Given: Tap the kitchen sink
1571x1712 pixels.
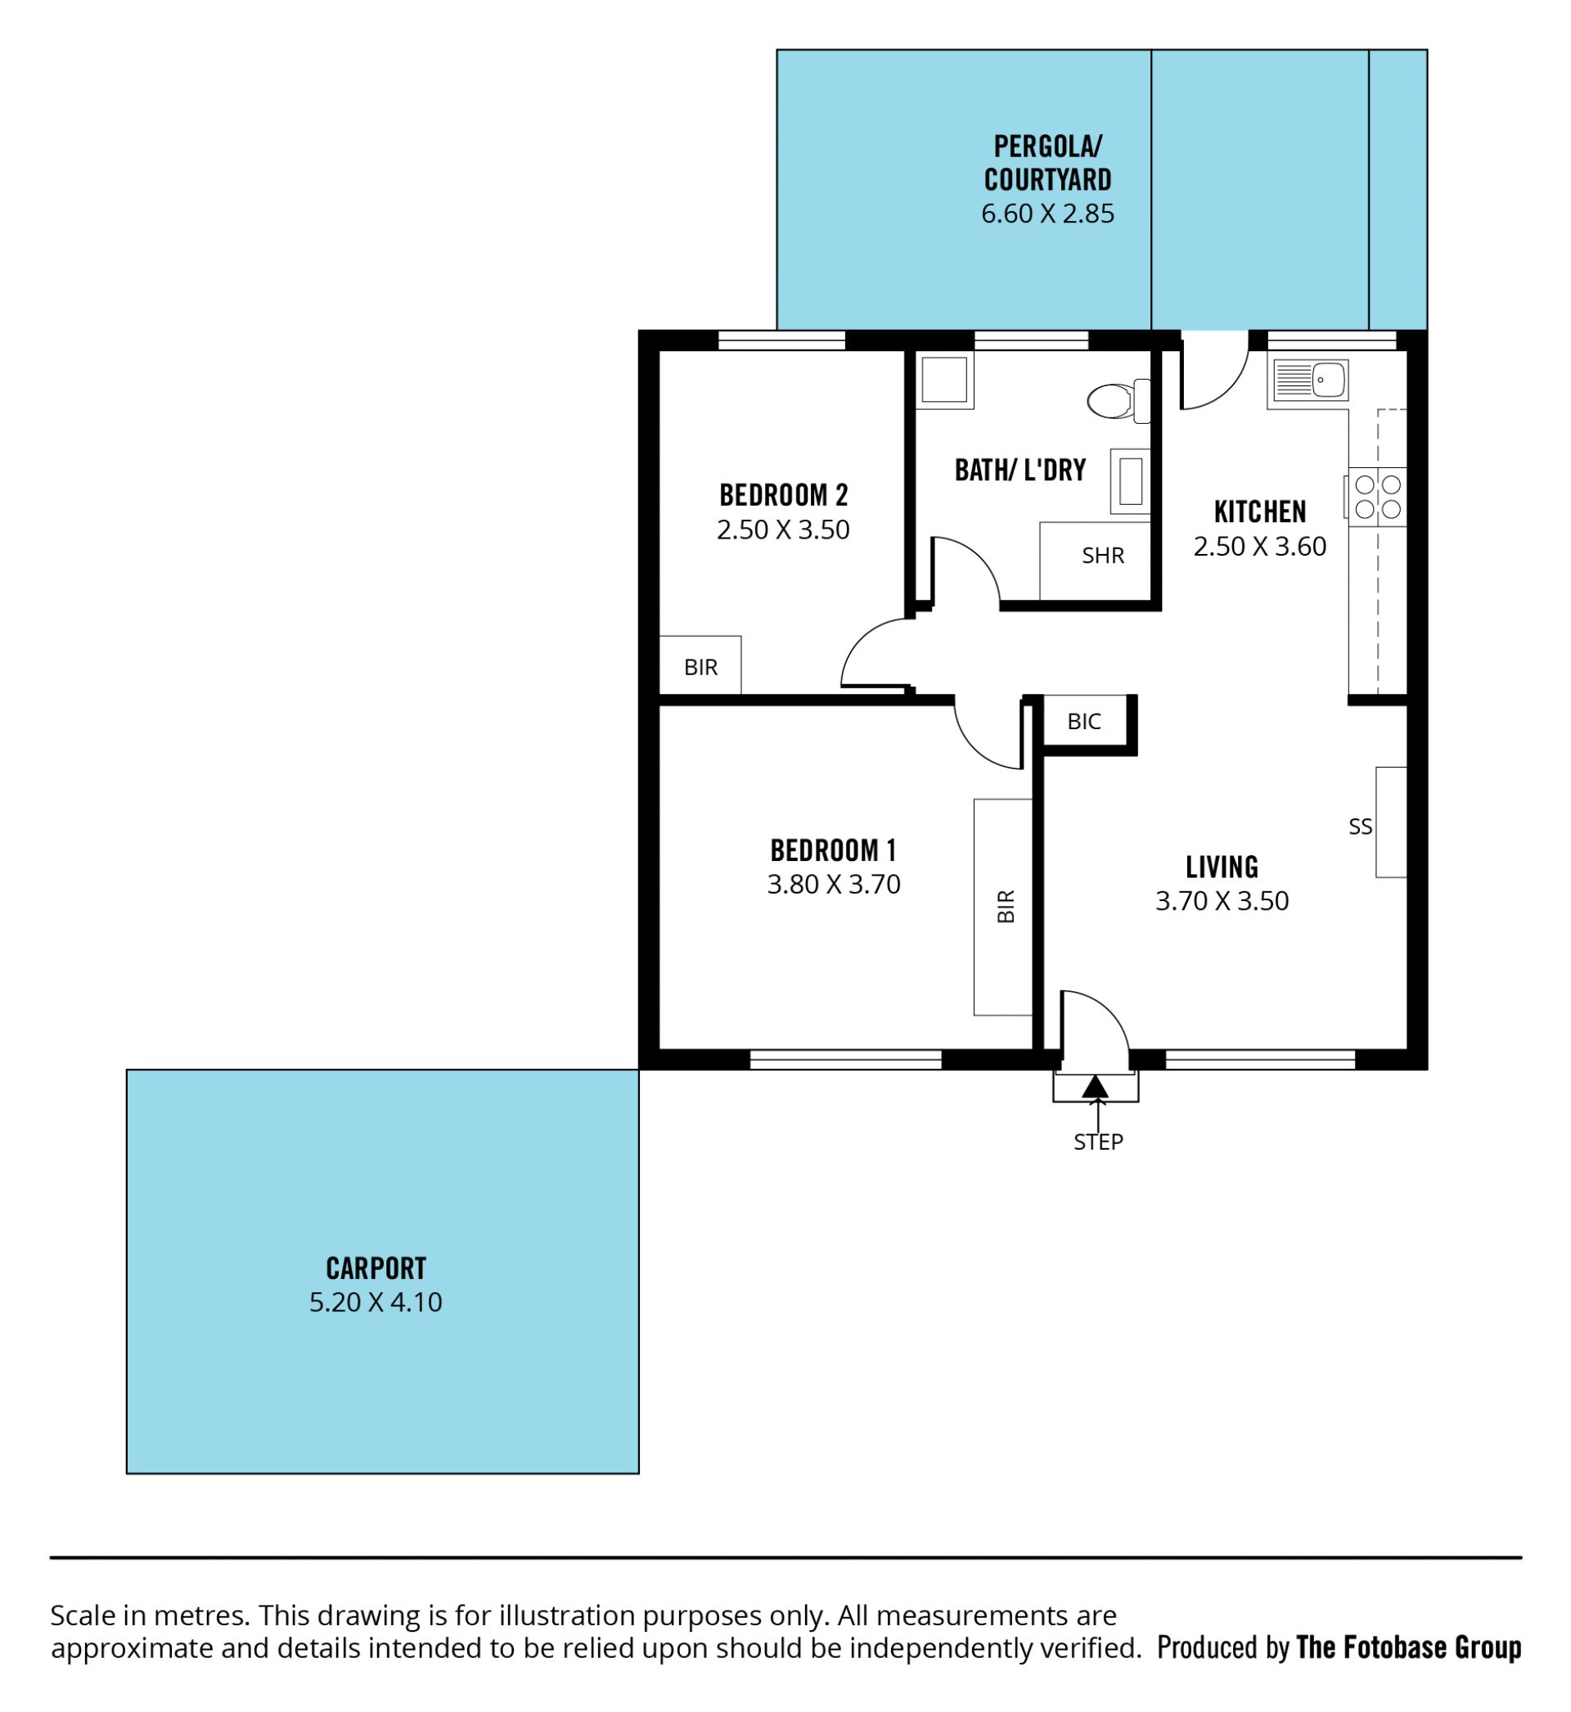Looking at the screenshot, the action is tap(1310, 380).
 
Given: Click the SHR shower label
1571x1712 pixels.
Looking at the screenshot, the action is tap(1103, 556).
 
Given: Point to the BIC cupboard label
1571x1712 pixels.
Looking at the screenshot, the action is tap(1084, 722).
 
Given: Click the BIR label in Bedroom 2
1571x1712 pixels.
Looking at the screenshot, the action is tap(700, 667).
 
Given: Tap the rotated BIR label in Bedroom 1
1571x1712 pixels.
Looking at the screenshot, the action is tap(1006, 906).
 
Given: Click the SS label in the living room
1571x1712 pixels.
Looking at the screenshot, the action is tap(1360, 827).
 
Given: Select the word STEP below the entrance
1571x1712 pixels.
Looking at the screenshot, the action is tap(1098, 1142).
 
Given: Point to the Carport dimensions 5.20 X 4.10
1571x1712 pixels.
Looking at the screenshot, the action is tap(376, 1302).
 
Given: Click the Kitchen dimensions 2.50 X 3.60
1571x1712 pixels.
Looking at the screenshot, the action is tap(1260, 547).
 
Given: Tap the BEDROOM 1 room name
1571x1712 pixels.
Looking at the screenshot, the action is tap(833, 850).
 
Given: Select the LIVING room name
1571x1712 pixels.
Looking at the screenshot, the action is tap(1222, 867).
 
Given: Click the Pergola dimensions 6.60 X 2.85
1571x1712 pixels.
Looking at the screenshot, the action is tap(1047, 214).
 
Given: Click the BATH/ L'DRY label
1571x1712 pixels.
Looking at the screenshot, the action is tap(1020, 470).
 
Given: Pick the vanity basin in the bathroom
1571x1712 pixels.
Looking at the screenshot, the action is tap(1130, 481).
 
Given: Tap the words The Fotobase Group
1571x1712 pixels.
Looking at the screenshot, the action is tap(1408, 1648).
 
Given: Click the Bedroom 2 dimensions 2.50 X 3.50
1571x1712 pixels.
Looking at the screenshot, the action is tap(783, 530).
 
